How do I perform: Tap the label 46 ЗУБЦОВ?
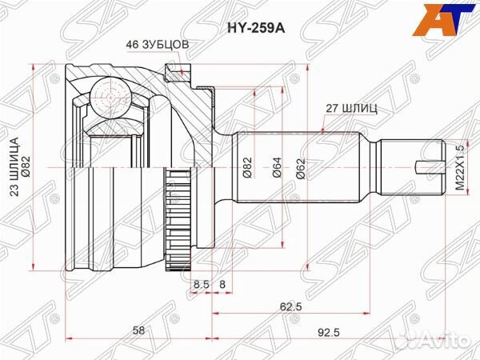[x=157, y=45]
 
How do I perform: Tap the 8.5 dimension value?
[x=201, y=283]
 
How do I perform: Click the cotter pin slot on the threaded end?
[x=429, y=168]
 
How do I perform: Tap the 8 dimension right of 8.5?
[x=222, y=283]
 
